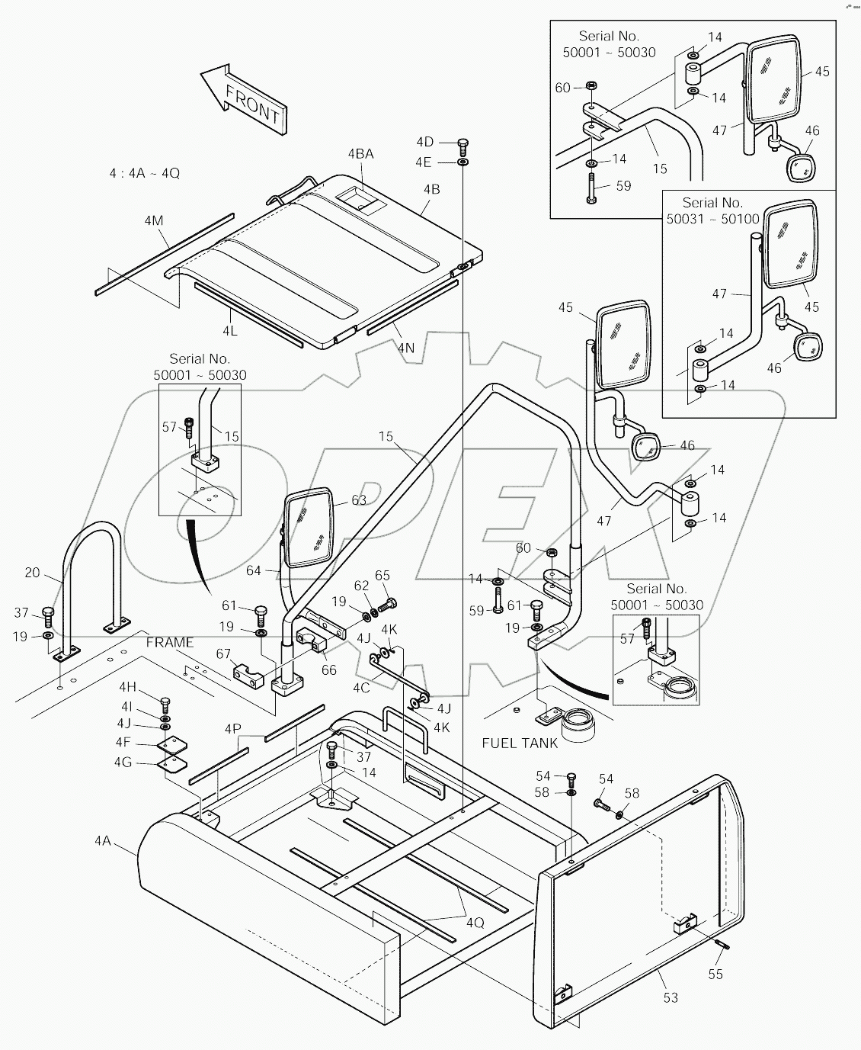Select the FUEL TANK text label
520,743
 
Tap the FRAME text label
170,643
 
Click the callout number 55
715,974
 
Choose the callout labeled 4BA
360,154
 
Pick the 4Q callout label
475,922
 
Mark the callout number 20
32,573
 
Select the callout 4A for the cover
103,841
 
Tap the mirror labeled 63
309,529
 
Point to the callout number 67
223,653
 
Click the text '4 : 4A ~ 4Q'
145,173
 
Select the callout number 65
382,576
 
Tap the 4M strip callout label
153,221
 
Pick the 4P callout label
232,729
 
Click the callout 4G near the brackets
123,762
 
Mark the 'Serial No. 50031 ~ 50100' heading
712,210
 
